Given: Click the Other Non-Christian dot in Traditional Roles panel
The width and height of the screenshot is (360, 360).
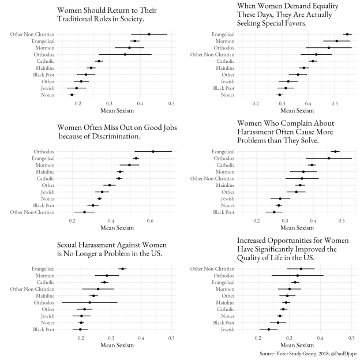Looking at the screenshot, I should [x=149, y=34].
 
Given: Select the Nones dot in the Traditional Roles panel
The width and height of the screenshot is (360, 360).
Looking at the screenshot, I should [x=72, y=95].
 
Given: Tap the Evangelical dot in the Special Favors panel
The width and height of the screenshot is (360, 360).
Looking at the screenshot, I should [x=314, y=34].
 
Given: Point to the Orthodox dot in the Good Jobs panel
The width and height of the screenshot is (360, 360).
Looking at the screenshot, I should [x=153, y=151].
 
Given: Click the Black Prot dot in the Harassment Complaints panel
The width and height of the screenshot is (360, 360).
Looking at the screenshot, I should [x=274, y=212].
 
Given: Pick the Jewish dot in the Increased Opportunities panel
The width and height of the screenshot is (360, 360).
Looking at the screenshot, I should [x=268, y=329].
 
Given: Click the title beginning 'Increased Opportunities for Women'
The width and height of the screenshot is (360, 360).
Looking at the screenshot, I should [x=294, y=248].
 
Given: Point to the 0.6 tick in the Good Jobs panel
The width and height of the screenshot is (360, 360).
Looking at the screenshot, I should [x=150, y=220].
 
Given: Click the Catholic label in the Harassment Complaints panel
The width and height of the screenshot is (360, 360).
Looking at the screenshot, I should [x=226, y=165].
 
